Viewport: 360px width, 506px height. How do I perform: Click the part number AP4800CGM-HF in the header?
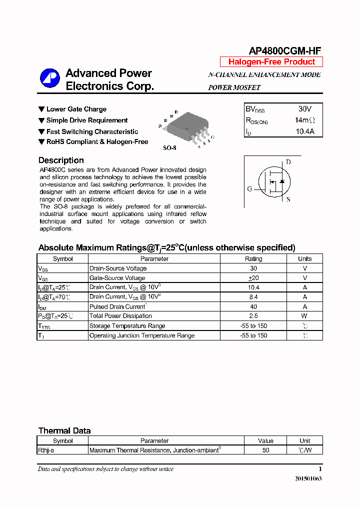pos(285,50)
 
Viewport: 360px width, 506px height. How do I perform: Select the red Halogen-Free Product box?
pos(271,62)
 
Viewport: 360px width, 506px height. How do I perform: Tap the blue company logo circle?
pos(50,79)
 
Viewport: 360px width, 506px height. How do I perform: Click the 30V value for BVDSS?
pos(304,109)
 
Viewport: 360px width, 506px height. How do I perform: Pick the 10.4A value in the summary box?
pos(304,132)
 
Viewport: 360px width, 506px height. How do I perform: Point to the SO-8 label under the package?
pos(170,148)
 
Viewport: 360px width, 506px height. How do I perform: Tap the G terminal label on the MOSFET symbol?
pos(249,189)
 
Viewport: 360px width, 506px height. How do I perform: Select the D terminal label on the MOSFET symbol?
pos(288,162)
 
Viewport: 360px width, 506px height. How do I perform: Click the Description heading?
pos(61,160)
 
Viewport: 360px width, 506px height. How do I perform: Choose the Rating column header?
pos(253,259)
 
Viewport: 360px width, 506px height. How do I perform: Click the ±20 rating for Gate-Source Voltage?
pos(253,278)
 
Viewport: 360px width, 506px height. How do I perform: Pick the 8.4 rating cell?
pos(253,297)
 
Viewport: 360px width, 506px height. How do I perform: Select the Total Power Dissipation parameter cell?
pos(120,316)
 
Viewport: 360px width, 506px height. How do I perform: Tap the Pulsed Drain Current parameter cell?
pos(117,306)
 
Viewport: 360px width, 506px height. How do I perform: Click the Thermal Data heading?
pos(64,431)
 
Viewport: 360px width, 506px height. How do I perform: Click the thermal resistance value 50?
pos(265,450)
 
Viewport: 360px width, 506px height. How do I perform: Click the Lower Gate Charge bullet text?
pos(76,109)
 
